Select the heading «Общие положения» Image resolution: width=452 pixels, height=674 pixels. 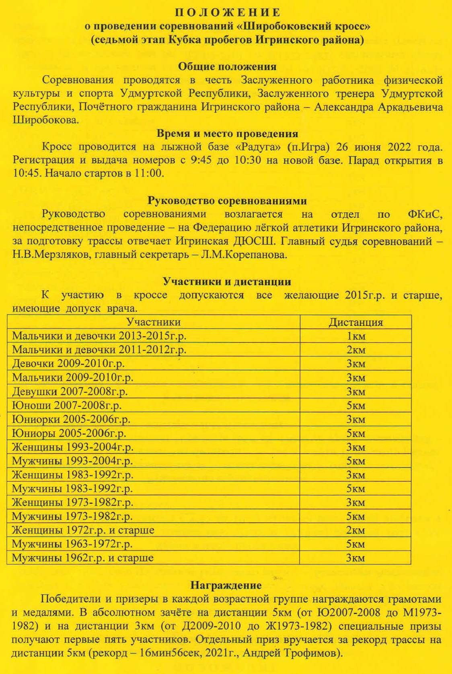pos(227,66)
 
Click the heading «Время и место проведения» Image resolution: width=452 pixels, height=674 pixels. pos(227,133)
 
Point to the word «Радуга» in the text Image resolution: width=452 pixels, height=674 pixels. pos(256,146)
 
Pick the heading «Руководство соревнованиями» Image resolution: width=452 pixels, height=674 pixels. pos(227,200)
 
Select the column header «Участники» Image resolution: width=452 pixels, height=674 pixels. pos(154,322)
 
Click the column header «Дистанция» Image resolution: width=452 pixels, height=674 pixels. pos(356,322)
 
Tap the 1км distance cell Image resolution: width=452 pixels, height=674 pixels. pos(356,336)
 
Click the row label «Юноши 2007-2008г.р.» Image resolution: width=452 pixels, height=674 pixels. pos(67,405)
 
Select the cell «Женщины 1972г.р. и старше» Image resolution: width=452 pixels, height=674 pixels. pos(83,530)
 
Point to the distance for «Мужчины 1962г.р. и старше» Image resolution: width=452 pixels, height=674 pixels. pos(356,558)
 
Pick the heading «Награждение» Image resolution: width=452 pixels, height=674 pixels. pos(226,585)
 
